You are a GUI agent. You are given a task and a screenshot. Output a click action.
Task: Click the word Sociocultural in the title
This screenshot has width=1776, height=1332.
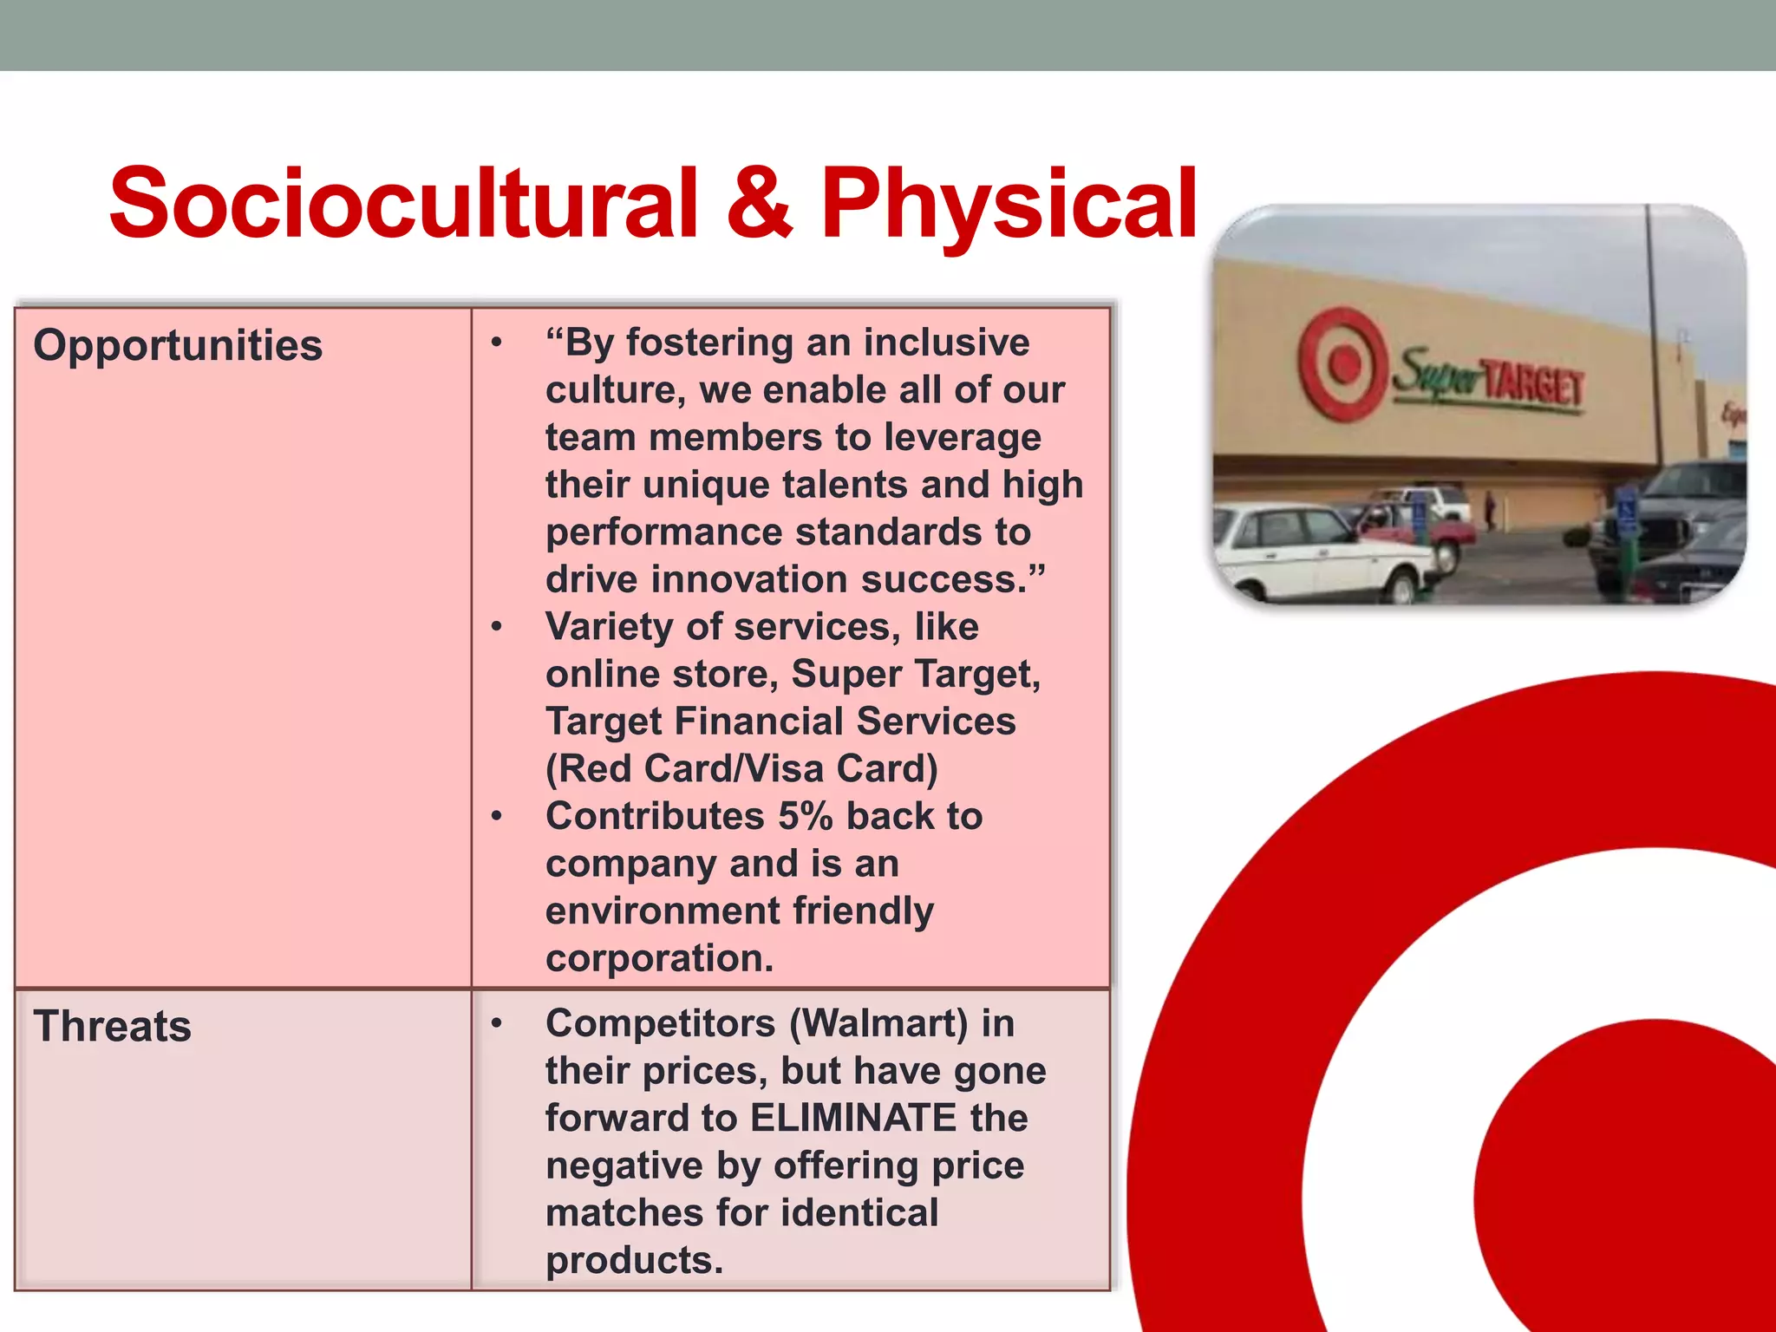[x=403, y=204]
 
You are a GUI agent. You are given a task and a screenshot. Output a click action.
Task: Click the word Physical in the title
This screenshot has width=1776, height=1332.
[x=1009, y=206]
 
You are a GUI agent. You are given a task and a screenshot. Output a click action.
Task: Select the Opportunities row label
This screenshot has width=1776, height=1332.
[x=178, y=345]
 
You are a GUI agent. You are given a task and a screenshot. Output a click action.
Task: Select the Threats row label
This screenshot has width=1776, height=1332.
[x=112, y=1027]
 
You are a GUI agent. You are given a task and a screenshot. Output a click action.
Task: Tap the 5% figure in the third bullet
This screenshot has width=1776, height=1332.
[x=806, y=816]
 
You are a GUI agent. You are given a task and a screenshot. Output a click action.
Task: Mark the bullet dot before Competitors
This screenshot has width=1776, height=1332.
[x=496, y=1023]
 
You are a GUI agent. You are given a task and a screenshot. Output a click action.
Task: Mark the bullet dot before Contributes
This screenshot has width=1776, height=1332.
[x=496, y=816]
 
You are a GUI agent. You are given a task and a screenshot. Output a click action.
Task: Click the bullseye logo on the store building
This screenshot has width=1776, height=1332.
[x=1342, y=363]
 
